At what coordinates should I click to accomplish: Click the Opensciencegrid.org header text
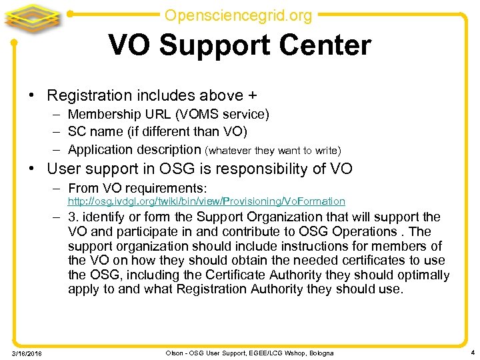[238, 14]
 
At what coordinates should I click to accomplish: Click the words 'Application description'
[134, 149]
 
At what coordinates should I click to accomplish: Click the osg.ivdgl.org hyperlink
[206, 201]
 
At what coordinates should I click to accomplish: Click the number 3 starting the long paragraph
[72, 217]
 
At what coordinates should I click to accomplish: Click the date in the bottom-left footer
[27, 353]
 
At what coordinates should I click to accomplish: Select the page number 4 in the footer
[471, 352]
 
